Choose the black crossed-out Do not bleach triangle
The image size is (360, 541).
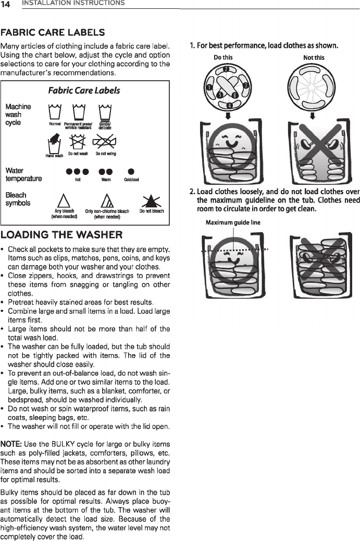tap(152, 201)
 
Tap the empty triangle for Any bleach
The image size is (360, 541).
tap(64, 200)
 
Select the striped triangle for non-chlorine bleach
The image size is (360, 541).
tap(107, 200)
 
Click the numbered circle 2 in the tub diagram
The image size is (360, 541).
tap(226, 70)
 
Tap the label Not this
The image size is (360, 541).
tap(314, 57)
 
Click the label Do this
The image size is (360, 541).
tap(224, 57)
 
